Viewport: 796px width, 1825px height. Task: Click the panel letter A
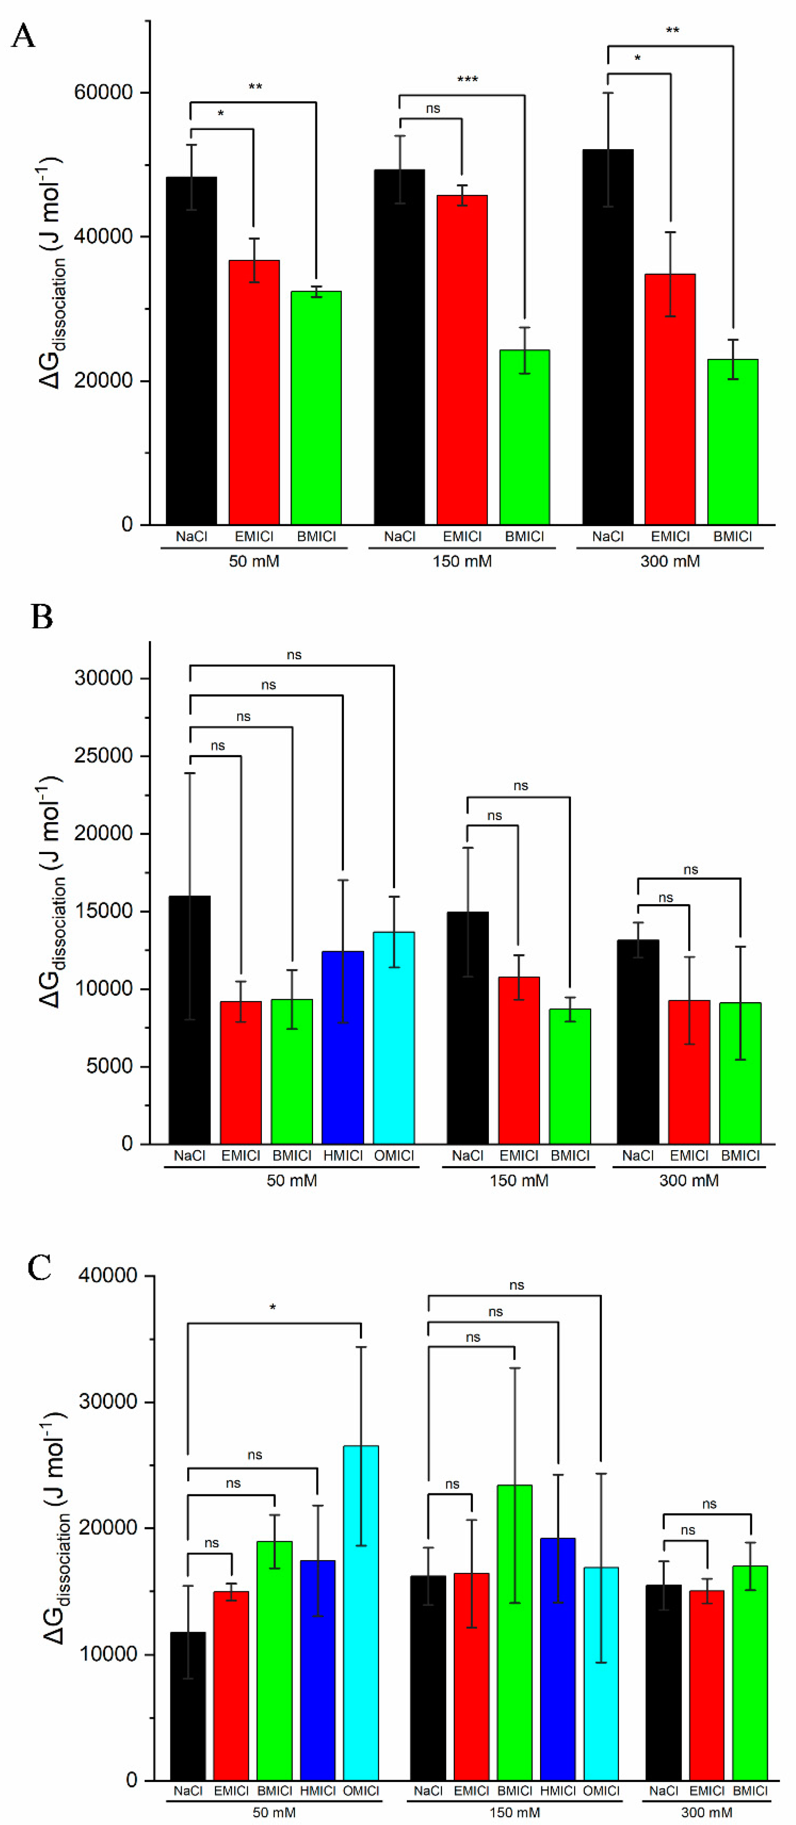23,36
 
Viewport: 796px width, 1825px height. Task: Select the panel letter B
42,617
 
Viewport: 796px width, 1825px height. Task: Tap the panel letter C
40,1267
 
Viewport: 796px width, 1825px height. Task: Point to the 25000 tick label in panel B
104,756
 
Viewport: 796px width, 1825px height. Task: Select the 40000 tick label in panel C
108,1275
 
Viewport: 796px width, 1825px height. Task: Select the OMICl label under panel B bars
394,1156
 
